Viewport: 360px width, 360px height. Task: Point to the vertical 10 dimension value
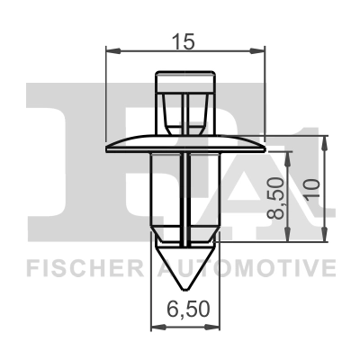[x=312, y=189]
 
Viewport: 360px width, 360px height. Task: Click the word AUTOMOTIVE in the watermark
[x=247, y=268]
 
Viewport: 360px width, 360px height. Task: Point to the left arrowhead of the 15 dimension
[x=111, y=50]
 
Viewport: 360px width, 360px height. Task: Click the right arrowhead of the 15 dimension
[x=262, y=50]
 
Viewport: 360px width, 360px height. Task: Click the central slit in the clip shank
[x=186, y=198]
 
